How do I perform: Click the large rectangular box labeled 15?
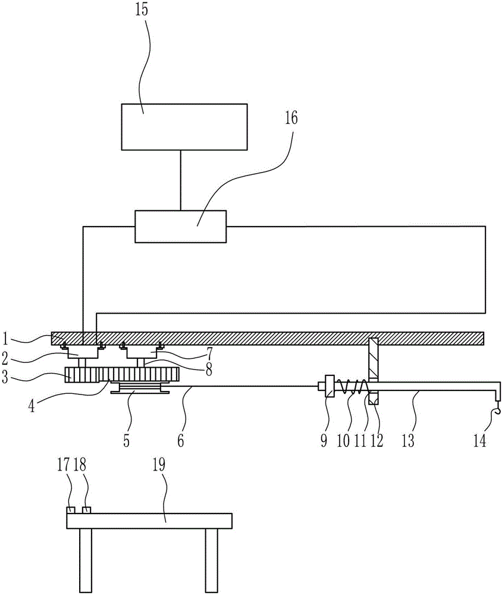pos(184,127)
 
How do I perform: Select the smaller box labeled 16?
pos(181,226)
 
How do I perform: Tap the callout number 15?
pos(142,10)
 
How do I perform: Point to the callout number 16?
pos(291,118)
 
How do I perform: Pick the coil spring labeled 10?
pos(353,386)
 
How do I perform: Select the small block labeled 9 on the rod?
pos(330,386)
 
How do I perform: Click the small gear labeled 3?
pos(81,375)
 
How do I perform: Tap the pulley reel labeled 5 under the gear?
pos(140,388)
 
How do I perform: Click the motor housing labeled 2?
pos(82,352)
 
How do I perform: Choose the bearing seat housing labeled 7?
pos(143,352)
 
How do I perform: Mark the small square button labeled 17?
pos(71,510)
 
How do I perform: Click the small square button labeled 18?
pos(87,510)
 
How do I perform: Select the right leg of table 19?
pos(212,560)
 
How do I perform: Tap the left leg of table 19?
pos(86,560)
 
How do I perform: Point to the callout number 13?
pos(408,440)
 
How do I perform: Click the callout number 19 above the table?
pos(159,465)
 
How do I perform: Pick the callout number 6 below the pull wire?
pos(181,440)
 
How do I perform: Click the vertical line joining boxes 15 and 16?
pos(181,180)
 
